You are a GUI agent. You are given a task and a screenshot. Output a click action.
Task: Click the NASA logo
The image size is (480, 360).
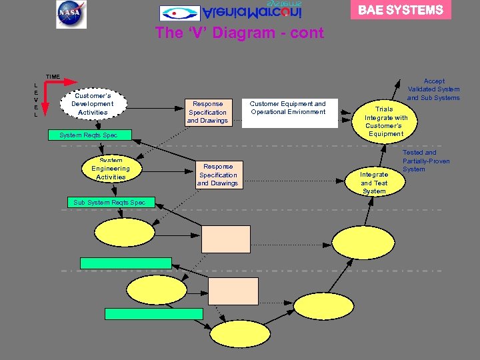pyautogui.click(x=71, y=14)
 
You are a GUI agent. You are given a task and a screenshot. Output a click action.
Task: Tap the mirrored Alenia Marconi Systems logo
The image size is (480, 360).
pyautogui.click(x=231, y=12)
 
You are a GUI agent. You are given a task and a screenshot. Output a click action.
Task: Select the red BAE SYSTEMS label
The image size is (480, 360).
pyautogui.click(x=401, y=10)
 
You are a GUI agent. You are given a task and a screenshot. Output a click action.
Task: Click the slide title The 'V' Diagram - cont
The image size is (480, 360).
pyautogui.click(x=239, y=33)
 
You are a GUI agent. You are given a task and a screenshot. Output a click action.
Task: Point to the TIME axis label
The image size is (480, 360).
pyautogui.click(x=53, y=77)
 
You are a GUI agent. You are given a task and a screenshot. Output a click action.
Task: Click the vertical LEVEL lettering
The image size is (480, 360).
pyautogui.click(x=35, y=100)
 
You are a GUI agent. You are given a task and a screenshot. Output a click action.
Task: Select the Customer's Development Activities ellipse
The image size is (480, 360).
pyautogui.click(x=93, y=104)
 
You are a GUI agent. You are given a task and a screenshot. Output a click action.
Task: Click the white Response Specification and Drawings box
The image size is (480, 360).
pyautogui.click(x=207, y=112)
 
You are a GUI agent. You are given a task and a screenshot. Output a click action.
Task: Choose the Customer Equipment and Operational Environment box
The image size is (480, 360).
pyautogui.click(x=288, y=108)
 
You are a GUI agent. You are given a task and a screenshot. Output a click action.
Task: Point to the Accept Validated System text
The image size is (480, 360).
pyautogui.click(x=433, y=89)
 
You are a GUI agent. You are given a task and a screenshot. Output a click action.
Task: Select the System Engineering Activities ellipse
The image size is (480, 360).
pyautogui.click(x=111, y=169)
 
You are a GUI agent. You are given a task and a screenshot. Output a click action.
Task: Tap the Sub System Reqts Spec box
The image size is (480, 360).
pyautogui.click(x=111, y=202)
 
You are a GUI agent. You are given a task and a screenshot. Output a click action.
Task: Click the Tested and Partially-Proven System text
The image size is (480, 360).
pyautogui.click(x=426, y=161)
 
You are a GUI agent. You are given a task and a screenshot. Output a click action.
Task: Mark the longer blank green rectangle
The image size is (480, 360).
pyautogui.click(x=154, y=313)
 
